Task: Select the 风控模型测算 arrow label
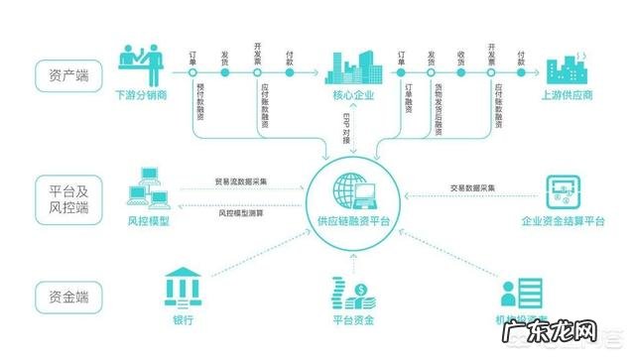[242, 212]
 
